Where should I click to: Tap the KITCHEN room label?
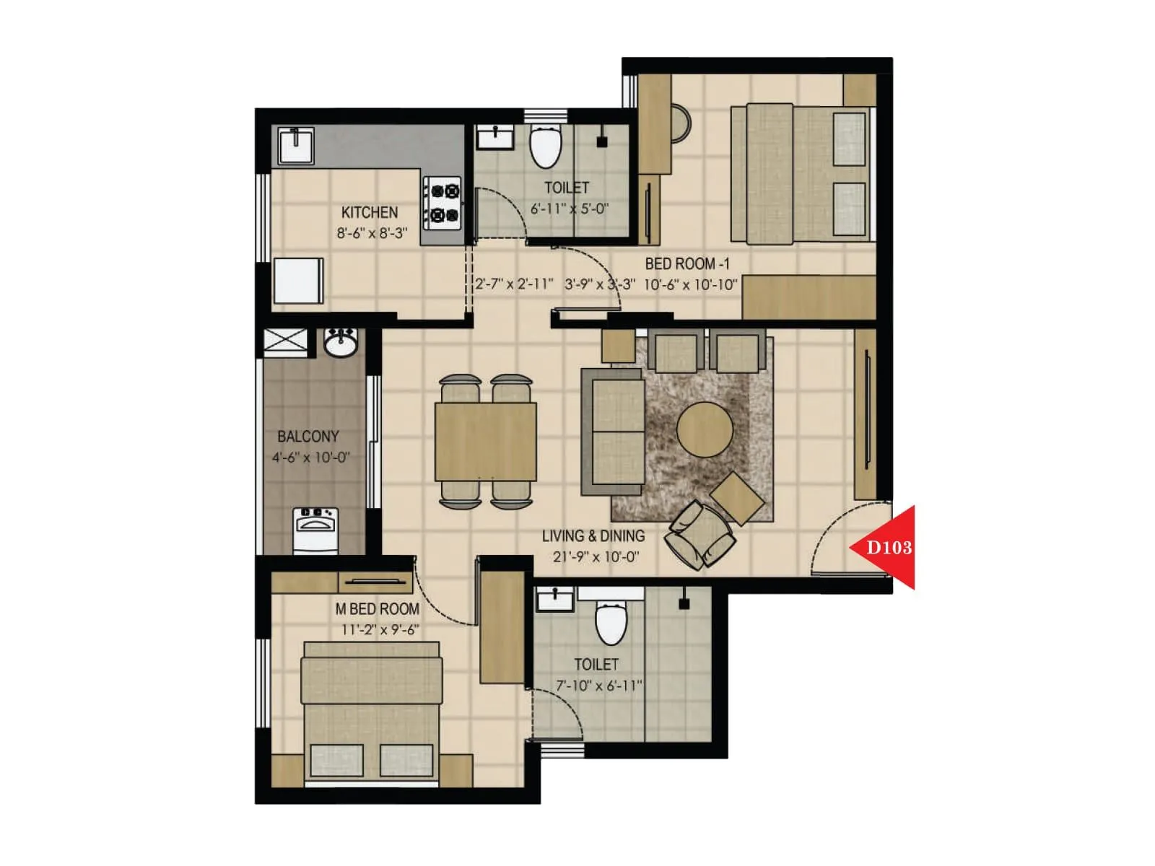pos(370,212)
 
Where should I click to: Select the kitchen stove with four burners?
pos(443,203)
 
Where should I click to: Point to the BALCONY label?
pos(308,437)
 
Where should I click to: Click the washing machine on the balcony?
pos(315,530)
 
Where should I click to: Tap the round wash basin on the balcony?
pos(340,342)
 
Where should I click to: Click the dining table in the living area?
pos(485,442)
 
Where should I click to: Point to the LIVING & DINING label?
pos(593,536)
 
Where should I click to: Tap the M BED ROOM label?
pos(378,609)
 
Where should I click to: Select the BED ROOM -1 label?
pos(687,264)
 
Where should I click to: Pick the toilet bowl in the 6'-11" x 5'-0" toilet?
pos(545,146)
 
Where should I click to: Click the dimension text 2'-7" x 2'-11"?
pos(515,284)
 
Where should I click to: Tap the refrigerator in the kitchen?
pos(298,281)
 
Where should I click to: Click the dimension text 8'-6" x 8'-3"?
pos(372,233)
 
